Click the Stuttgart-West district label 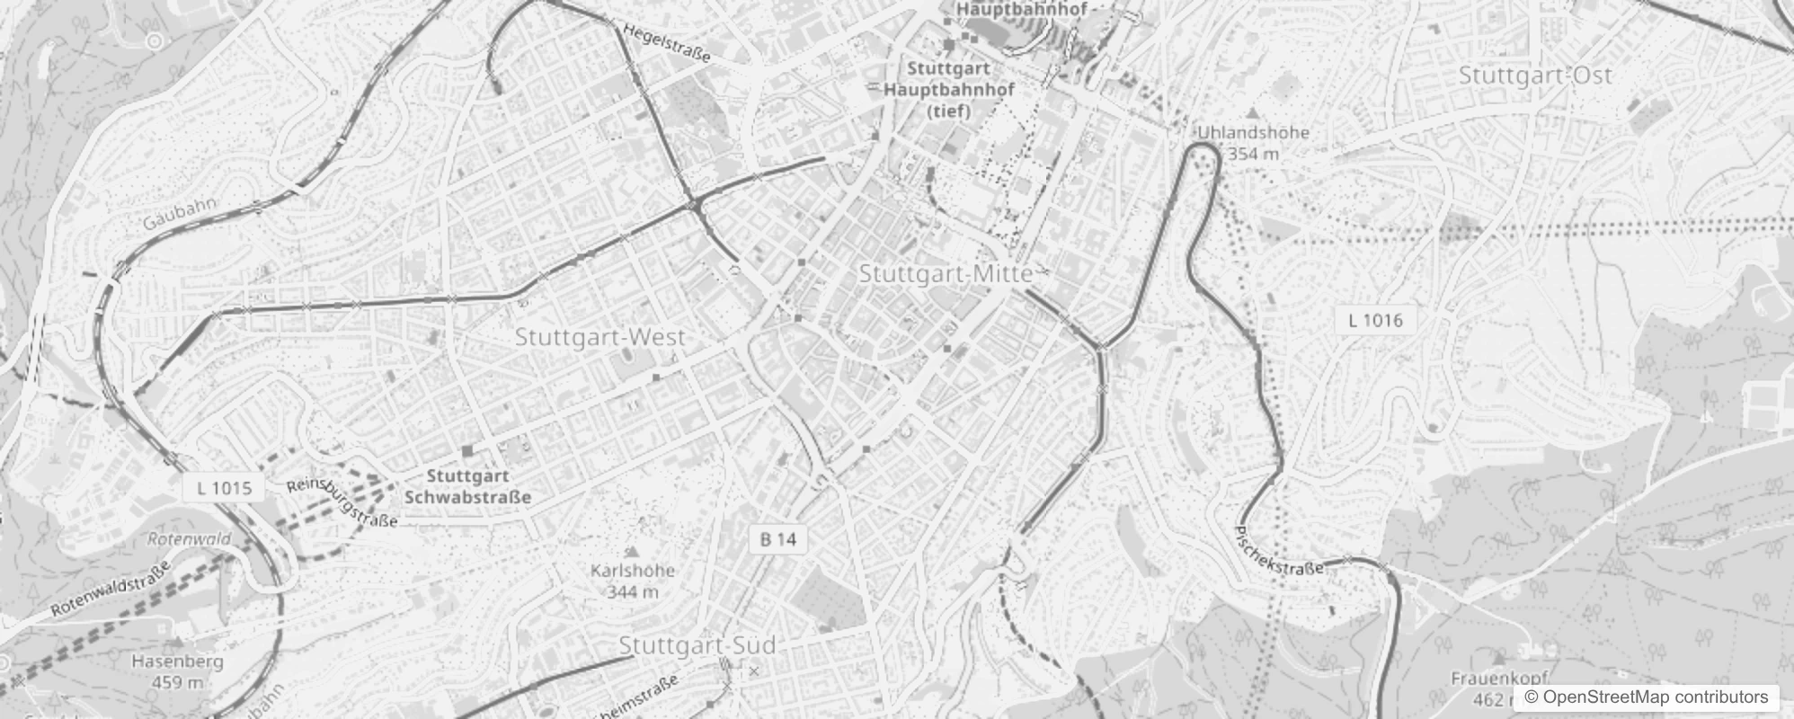[x=599, y=338]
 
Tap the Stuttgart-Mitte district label [x=946, y=273]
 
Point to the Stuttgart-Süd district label [x=697, y=645]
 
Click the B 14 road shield [x=777, y=539]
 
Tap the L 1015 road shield [x=224, y=488]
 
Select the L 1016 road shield [x=1375, y=320]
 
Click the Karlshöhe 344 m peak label [x=633, y=581]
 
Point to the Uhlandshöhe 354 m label [x=1253, y=142]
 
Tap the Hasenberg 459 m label [x=177, y=671]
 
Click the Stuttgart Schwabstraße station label [x=468, y=486]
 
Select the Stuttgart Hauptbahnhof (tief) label [x=949, y=89]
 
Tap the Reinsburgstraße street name [x=342, y=503]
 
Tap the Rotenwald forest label [x=190, y=539]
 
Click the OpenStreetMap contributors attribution [x=1645, y=697]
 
